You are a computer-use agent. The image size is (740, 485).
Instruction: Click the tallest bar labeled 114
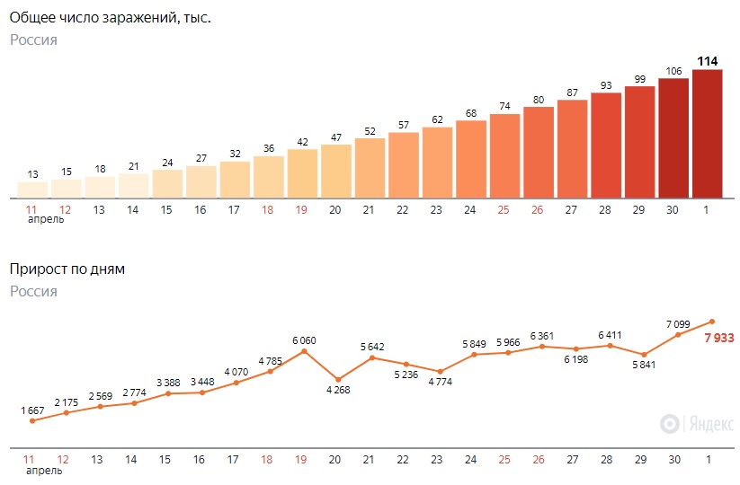pyautogui.click(x=708, y=134)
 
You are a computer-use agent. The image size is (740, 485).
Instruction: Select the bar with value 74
pyautogui.click(x=505, y=155)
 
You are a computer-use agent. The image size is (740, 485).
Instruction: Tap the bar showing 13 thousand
pyautogui.click(x=33, y=190)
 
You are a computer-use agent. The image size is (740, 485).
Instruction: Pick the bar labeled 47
pyautogui.click(x=336, y=171)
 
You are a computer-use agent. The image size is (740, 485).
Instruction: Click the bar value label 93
pyautogui.click(x=606, y=85)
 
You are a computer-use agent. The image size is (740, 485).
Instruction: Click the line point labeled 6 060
pyautogui.click(x=304, y=350)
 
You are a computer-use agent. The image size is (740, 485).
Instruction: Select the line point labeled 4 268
pyautogui.click(x=338, y=379)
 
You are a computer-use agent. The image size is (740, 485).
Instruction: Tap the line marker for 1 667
pyautogui.click(x=32, y=420)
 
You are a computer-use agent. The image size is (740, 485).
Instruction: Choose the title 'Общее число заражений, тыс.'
pyautogui.click(x=111, y=17)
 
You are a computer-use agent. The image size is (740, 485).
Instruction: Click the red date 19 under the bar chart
pyautogui.click(x=301, y=209)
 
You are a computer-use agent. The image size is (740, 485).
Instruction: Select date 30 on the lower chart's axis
pyautogui.click(x=674, y=459)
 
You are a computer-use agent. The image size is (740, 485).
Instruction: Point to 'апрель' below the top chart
pyautogui.click(x=45, y=219)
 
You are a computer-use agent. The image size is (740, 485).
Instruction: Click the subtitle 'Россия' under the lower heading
pyautogui.click(x=34, y=291)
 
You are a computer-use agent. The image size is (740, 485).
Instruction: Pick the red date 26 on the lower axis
pyautogui.click(x=538, y=459)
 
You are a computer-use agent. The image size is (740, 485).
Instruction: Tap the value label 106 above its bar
pyautogui.click(x=673, y=72)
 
